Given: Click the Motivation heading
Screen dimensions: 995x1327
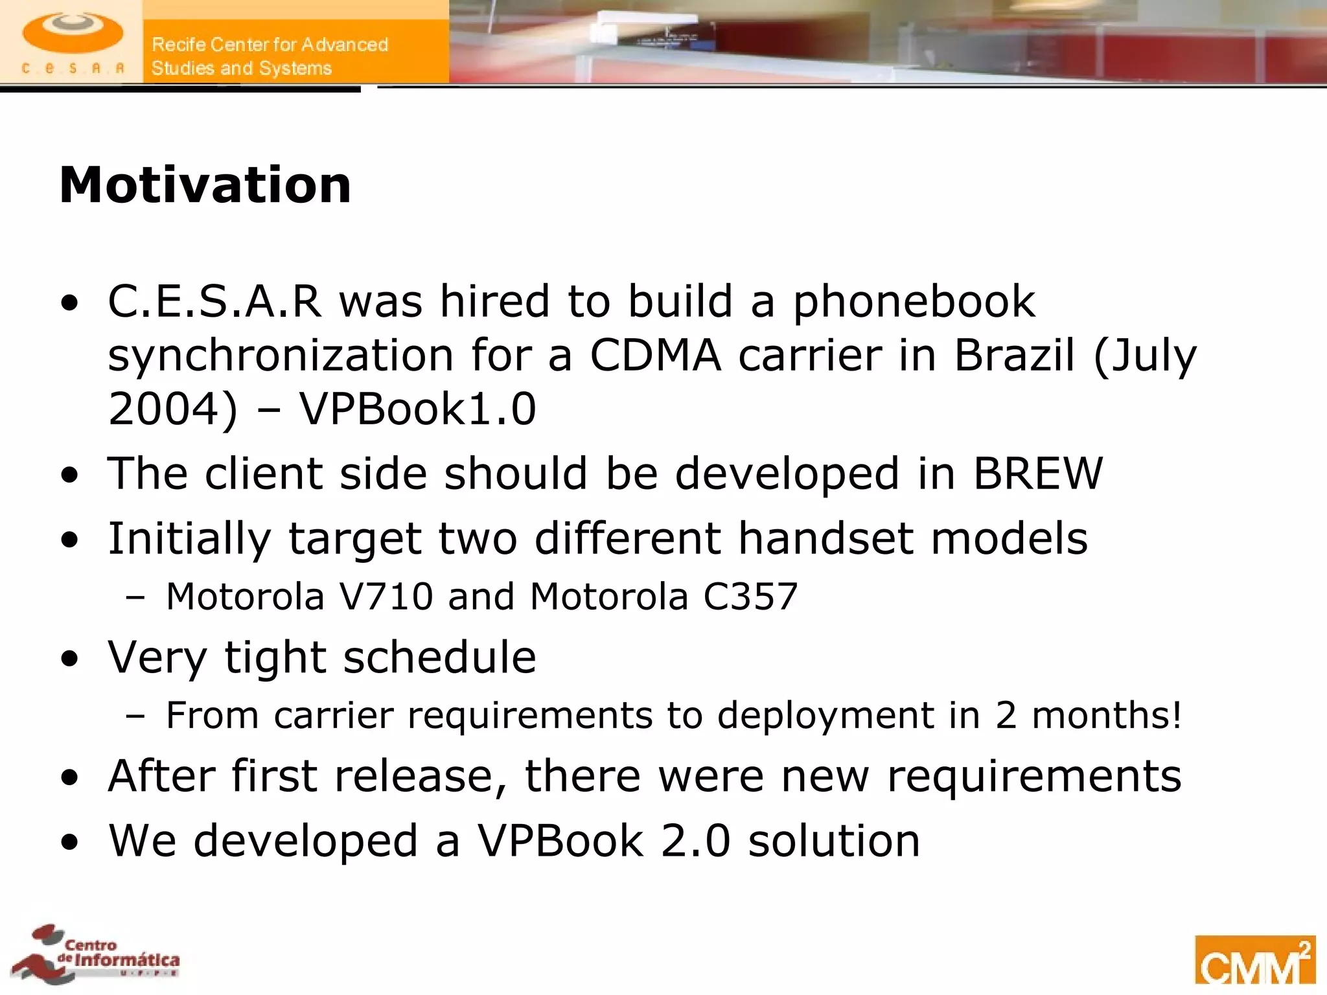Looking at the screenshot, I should (x=205, y=185).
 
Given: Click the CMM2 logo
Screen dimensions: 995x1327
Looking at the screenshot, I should (x=1254, y=961).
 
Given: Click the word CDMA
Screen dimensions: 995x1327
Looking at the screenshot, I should (x=655, y=355).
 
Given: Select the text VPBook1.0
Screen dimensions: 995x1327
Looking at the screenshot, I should (x=417, y=409).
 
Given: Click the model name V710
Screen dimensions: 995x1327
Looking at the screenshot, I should (x=386, y=597).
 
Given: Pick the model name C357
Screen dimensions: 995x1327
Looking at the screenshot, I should (x=750, y=597).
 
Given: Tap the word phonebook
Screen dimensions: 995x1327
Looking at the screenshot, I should (x=914, y=302).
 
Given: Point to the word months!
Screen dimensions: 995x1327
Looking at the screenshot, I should (x=1107, y=715).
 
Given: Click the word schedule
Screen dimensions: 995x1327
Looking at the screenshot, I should (x=439, y=657).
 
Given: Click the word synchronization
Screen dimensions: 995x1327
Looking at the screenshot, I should (x=281, y=355).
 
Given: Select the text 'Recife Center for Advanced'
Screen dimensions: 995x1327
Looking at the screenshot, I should (x=270, y=45).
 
